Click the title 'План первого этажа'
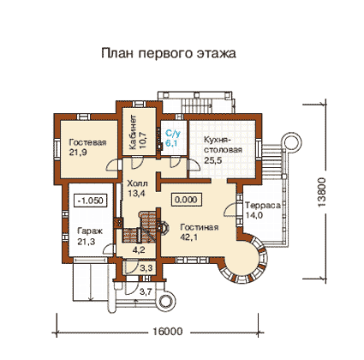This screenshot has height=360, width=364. tap(169, 53)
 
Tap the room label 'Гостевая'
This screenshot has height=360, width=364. tap(87, 142)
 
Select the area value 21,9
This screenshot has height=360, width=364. tap(78, 153)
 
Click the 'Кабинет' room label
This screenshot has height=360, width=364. tap(133, 132)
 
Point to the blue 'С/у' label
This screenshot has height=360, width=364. tap(173, 133)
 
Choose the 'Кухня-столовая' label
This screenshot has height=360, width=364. tap(223, 145)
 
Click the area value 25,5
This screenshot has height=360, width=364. tap(212, 160)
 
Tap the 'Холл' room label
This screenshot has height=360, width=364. tap(137, 183)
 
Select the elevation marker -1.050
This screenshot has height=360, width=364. tap(91, 201)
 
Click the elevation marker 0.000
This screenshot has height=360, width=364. tap(186, 199)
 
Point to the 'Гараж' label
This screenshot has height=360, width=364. tap(90, 231)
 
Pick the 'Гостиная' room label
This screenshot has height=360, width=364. tap(200, 227)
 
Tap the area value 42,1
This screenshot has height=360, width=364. tap(189, 237)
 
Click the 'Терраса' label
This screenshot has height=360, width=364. tap(263, 206)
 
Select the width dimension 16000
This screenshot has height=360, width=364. tap(168, 332)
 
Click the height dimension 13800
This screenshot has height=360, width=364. tap(322, 192)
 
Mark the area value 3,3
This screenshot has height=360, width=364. tap(146, 268)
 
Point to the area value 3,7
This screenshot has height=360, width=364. tap(146, 291)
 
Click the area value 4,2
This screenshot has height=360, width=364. tap(139, 250)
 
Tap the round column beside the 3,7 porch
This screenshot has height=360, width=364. tap(164, 302)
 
